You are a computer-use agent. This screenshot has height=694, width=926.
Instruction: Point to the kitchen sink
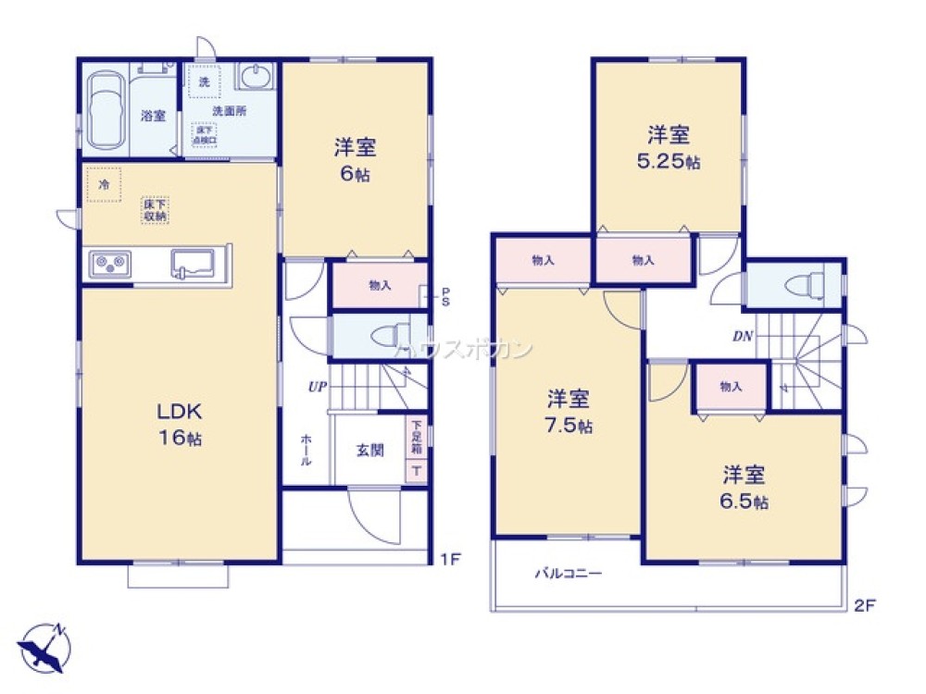pyautogui.click(x=192, y=264)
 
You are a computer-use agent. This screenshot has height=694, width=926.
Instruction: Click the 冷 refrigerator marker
pyautogui.click(x=104, y=185)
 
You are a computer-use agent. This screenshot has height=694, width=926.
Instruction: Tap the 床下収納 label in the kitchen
pyautogui.click(x=155, y=209)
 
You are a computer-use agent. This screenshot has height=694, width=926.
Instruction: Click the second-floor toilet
pyautogui.click(x=801, y=285)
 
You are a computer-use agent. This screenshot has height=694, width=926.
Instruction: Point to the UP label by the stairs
pyautogui.click(x=317, y=387)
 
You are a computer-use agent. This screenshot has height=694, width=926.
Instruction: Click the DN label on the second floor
pyautogui.click(x=743, y=337)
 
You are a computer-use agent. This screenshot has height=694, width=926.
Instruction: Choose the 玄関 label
pyautogui.click(x=369, y=451)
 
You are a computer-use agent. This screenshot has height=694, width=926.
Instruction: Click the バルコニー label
pyautogui.click(x=568, y=573)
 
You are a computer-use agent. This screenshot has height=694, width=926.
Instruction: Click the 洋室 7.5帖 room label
pyautogui.click(x=569, y=412)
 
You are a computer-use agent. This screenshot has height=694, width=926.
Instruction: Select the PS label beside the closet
pyautogui.click(x=444, y=296)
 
